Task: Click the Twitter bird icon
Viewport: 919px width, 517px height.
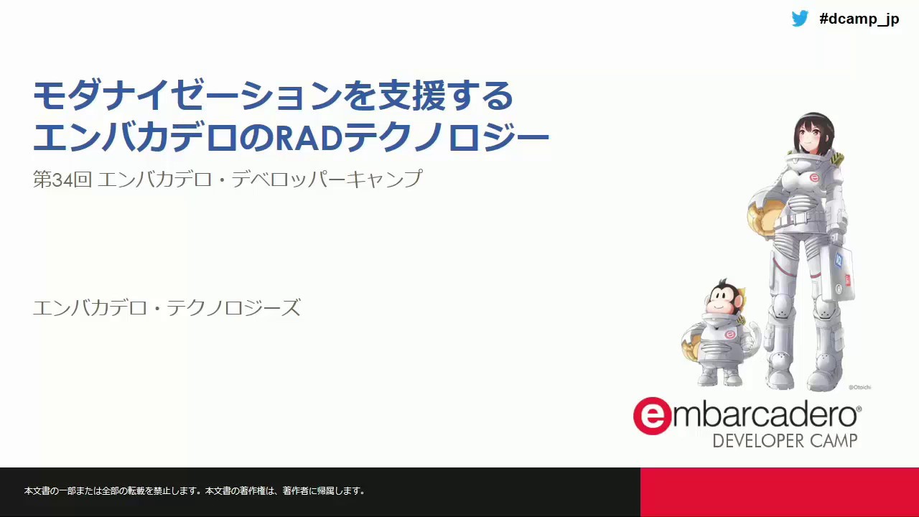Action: tap(800, 19)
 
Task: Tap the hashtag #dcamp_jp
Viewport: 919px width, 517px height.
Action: tap(859, 19)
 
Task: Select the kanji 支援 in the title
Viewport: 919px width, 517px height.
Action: tap(412, 96)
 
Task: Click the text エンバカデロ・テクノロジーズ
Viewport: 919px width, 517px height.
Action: tap(167, 307)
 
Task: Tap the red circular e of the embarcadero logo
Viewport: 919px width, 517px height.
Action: tap(652, 416)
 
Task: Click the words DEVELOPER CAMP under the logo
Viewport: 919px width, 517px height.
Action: tap(785, 441)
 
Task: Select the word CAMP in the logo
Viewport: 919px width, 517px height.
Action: tap(834, 441)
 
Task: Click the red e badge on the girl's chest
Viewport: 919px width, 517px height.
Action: tap(814, 178)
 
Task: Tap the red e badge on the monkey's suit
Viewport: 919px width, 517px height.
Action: tap(729, 335)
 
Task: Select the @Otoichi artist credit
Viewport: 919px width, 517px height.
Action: tap(859, 387)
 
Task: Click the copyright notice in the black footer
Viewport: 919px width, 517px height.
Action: tap(195, 490)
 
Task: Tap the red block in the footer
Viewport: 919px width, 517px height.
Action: tap(780, 492)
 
